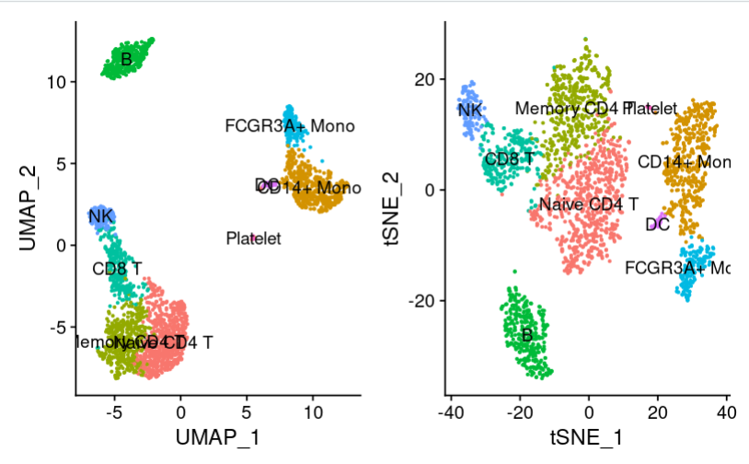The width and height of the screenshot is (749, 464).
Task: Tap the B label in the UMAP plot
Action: [x=127, y=61]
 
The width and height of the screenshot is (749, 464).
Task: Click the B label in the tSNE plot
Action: [x=526, y=335]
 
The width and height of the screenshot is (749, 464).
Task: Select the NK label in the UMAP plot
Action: [x=99, y=217]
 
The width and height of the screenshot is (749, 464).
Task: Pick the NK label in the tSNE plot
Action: [x=470, y=110]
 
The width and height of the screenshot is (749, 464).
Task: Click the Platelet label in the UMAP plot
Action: [x=253, y=239]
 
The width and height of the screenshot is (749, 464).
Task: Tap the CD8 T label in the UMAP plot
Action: [x=117, y=270]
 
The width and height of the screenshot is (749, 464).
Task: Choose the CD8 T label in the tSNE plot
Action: [x=509, y=159]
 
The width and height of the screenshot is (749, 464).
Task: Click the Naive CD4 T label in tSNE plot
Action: [x=589, y=203]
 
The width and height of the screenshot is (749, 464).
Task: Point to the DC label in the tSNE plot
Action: [x=657, y=224]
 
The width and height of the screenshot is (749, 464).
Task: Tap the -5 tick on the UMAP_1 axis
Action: [x=115, y=410]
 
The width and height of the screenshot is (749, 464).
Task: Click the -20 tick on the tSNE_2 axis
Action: [x=421, y=301]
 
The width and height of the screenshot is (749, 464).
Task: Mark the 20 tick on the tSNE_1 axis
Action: [x=658, y=410]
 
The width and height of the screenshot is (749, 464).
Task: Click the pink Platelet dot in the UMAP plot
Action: [x=253, y=237]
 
